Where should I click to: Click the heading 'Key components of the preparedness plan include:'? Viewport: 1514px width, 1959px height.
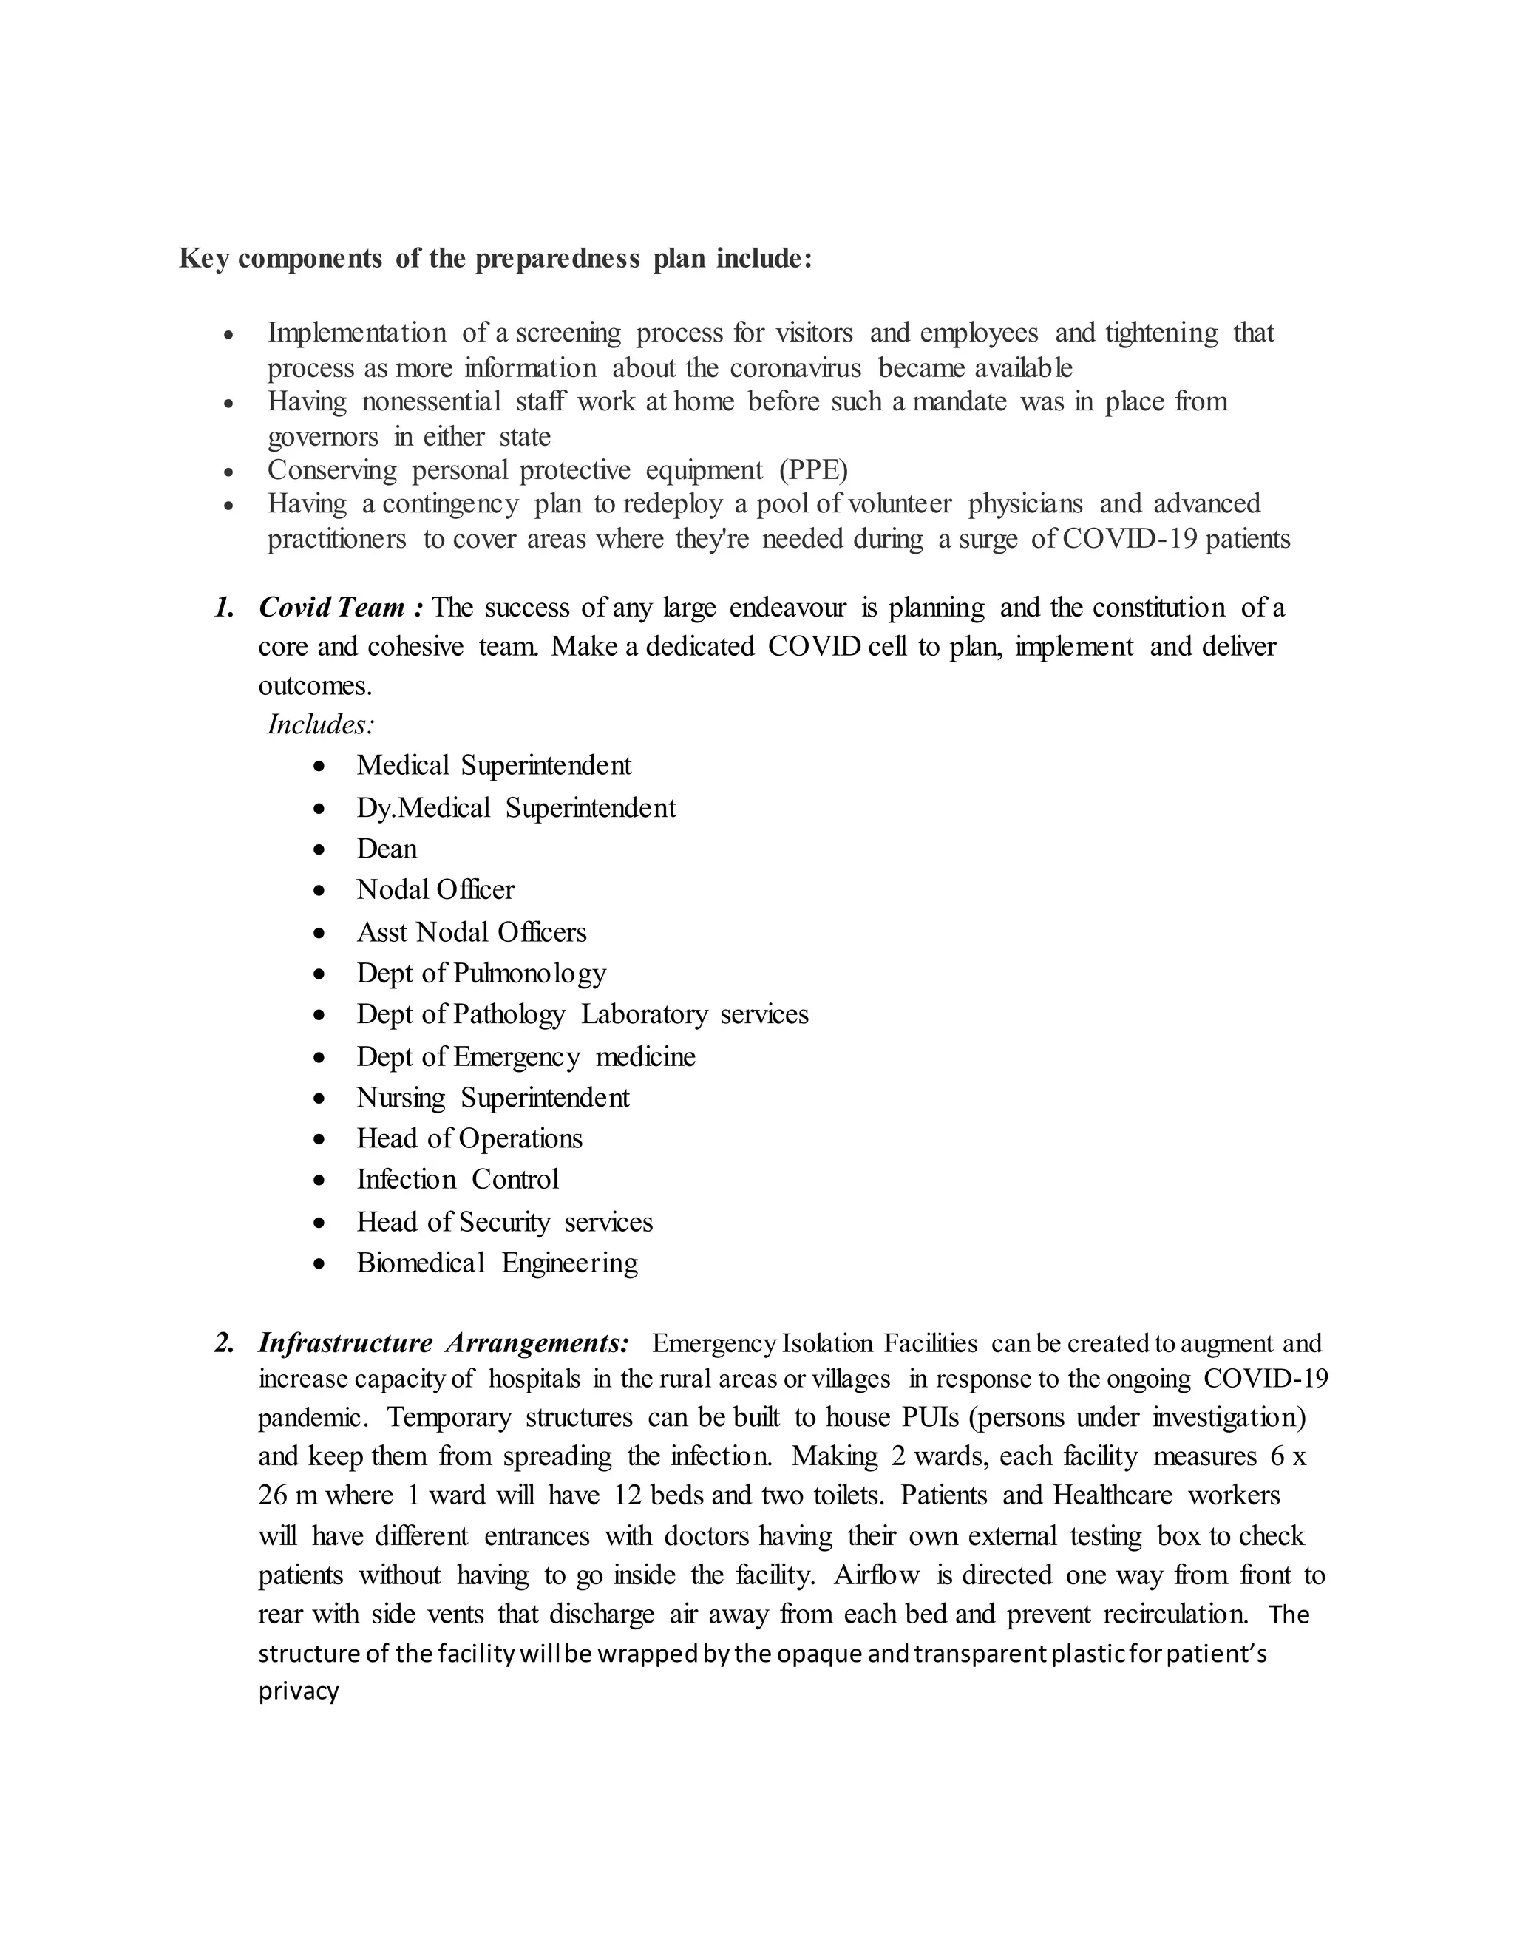[x=495, y=258]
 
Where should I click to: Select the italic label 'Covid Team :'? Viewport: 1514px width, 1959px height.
[x=341, y=608]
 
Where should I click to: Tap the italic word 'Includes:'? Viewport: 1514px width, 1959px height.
[x=320, y=724]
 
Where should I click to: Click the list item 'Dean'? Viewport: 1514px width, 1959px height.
[x=387, y=849]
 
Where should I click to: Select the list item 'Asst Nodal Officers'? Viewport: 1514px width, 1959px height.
[x=471, y=932]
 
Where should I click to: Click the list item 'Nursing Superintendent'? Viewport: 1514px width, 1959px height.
[x=492, y=1098]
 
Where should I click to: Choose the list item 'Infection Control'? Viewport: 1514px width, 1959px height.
[x=458, y=1180]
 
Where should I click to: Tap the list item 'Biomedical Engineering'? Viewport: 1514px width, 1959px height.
[x=497, y=1263]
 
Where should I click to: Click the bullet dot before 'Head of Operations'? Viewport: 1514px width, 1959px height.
[x=320, y=1140]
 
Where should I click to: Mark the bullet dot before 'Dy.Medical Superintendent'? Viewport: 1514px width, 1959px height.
[x=320, y=809]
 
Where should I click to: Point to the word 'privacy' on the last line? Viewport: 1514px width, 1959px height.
[x=299, y=1691]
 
